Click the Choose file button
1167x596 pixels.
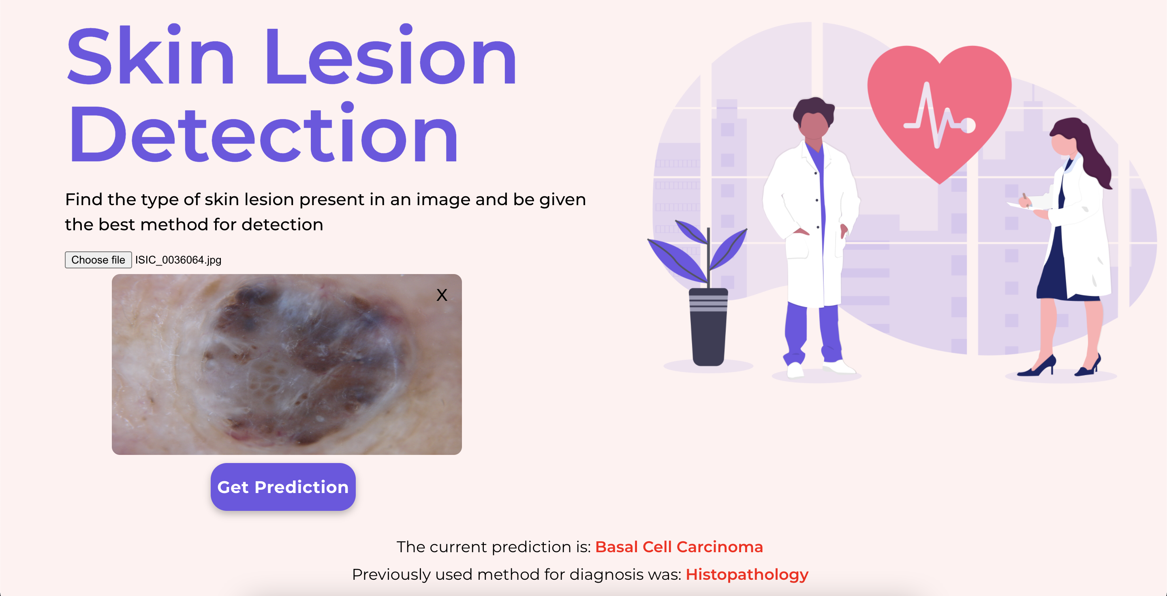[98, 260]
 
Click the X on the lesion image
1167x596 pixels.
[442, 295]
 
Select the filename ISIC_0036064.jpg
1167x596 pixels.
[178, 260]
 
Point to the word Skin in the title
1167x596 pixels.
[150, 55]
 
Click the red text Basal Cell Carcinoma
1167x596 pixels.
[679, 547]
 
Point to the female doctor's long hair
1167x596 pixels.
[1090, 150]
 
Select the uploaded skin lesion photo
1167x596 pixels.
[287, 364]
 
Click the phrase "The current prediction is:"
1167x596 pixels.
[494, 547]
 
